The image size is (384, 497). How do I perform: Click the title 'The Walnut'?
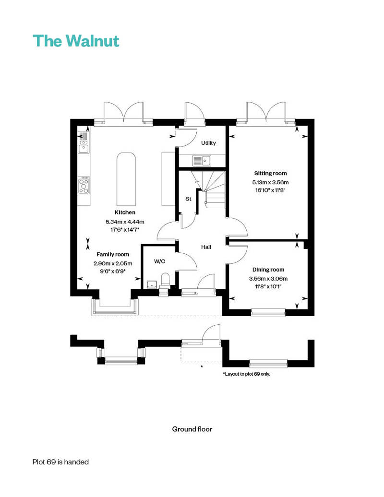(x=75, y=41)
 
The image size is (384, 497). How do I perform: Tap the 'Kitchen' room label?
(x=125, y=212)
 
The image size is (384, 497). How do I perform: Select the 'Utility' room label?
(x=208, y=143)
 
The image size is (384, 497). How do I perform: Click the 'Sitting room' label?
(x=270, y=173)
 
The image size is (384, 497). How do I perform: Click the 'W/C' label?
(x=159, y=261)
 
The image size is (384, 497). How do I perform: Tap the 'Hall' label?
(x=206, y=247)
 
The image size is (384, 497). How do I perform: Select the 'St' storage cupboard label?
(x=188, y=198)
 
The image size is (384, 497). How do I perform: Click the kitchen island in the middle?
(x=126, y=177)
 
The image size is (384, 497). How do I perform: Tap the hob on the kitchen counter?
(x=84, y=185)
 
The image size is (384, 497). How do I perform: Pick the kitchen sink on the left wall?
(x=84, y=142)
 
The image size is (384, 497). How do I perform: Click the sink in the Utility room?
(x=202, y=160)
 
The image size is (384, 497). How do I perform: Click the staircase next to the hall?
(x=214, y=189)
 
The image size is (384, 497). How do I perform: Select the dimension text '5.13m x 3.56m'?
(x=270, y=182)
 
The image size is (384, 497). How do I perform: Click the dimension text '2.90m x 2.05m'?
(x=113, y=263)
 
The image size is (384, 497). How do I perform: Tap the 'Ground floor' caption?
(x=192, y=429)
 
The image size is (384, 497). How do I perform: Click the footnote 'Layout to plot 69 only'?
(x=246, y=374)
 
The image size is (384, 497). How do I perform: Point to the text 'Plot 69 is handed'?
(x=60, y=462)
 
